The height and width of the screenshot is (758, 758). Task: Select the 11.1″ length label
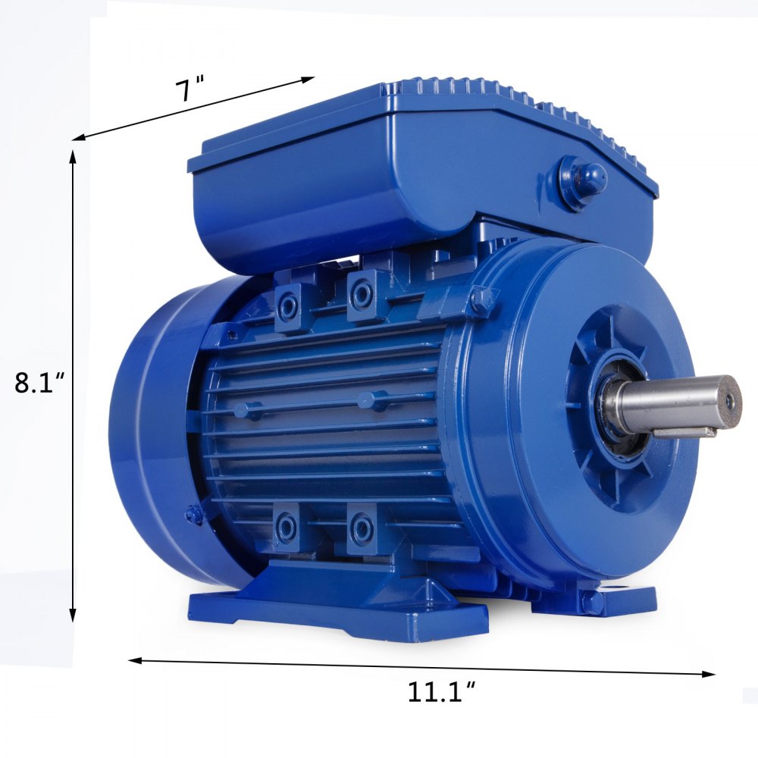[x=442, y=692]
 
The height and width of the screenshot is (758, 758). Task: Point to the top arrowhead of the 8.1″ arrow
[x=74, y=156]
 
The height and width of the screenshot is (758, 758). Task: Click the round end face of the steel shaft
[x=728, y=400]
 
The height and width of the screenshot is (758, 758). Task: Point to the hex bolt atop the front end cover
[x=481, y=301]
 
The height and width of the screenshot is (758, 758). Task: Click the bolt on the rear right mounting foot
[x=592, y=603]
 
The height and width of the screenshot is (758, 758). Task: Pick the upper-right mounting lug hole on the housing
[x=362, y=294]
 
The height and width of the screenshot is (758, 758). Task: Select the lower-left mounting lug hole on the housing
[x=287, y=526]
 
